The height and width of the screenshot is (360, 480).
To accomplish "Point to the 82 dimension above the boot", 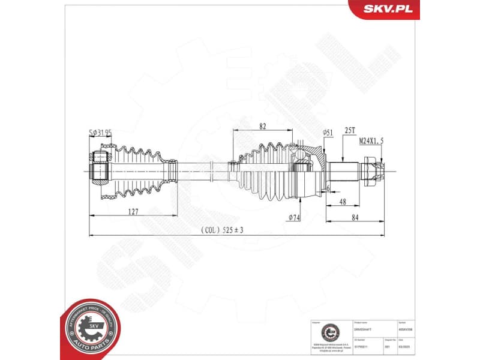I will coord(262,125).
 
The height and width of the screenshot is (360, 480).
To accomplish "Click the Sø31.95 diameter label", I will coord(100,133).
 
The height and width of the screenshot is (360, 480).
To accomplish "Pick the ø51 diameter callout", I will coord(328,132).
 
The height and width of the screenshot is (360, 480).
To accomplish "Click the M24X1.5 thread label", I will coord(380,140).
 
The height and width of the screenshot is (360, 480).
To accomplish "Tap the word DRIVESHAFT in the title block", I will coord(364,329).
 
